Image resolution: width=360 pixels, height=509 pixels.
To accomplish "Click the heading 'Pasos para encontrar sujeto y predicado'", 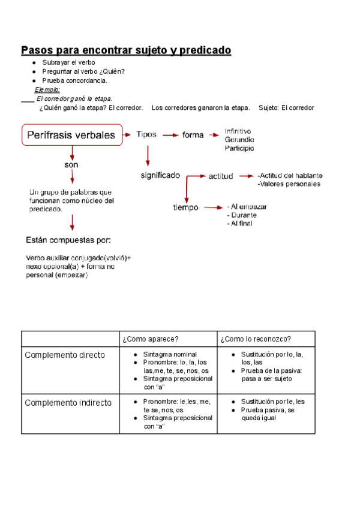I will click(x=126, y=50).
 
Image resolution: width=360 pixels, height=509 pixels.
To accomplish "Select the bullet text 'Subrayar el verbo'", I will click(x=68, y=62).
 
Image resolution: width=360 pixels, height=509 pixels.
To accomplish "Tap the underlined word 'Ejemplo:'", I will click(x=47, y=89).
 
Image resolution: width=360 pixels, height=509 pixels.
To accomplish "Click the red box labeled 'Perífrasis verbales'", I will click(x=72, y=135).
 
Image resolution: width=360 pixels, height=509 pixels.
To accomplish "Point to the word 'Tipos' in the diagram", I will click(x=146, y=134).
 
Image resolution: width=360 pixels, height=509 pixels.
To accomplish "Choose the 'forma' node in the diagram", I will click(x=193, y=135).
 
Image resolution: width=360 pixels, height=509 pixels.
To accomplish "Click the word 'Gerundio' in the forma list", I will click(x=239, y=139).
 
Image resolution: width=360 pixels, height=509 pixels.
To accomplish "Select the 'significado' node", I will click(x=160, y=175).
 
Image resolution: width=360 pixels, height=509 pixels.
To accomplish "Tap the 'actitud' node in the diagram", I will click(x=221, y=176).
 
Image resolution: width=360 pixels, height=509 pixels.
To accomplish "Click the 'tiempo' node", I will click(x=185, y=208).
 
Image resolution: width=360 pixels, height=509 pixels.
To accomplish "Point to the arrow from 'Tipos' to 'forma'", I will click(x=170, y=135).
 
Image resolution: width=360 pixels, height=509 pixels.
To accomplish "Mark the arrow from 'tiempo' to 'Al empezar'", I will click(x=212, y=208).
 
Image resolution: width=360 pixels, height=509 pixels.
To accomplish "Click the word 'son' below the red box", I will click(x=71, y=164).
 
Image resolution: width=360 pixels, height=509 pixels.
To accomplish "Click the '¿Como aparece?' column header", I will click(x=150, y=339).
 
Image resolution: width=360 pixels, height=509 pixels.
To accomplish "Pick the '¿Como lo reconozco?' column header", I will click(x=251, y=339).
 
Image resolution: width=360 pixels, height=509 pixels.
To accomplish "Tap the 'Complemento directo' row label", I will click(x=64, y=355).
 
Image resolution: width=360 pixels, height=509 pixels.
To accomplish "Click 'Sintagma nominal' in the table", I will click(x=170, y=355).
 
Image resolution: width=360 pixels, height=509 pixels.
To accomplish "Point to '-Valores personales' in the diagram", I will click(x=288, y=184).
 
